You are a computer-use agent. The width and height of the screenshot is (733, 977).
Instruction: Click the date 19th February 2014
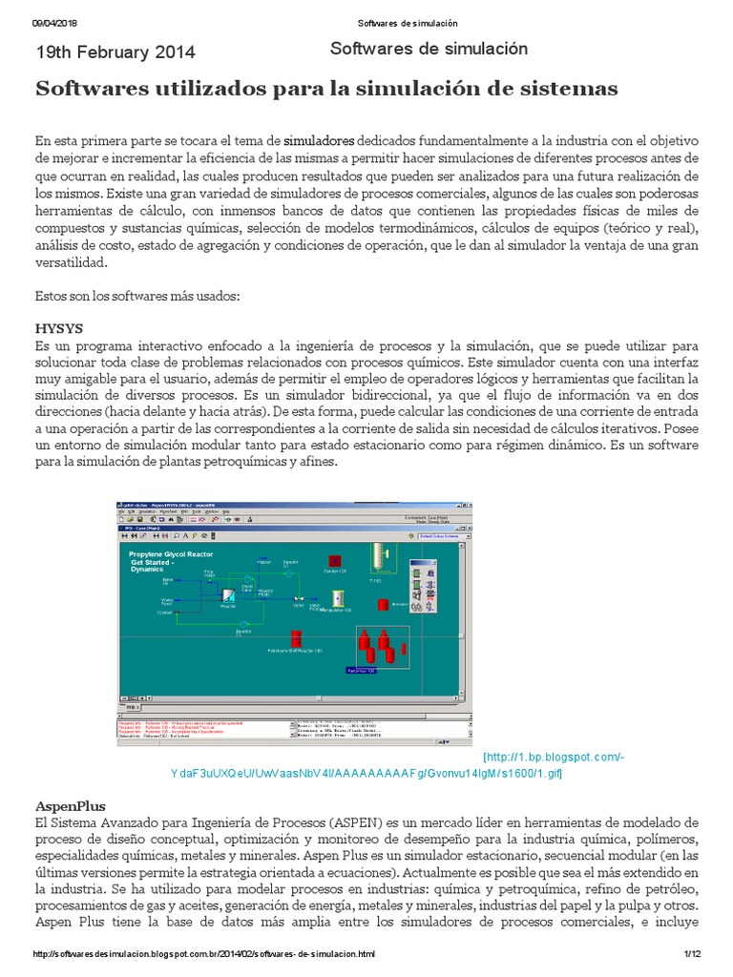pos(115,52)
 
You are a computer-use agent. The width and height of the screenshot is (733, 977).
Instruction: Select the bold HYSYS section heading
pos(59,328)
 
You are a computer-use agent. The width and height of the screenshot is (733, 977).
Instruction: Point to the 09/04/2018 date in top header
pos(55,23)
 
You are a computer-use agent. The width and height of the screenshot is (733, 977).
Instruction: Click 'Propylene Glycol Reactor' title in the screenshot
pos(172,553)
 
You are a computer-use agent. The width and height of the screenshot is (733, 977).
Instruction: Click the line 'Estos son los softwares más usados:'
pos(137,296)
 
